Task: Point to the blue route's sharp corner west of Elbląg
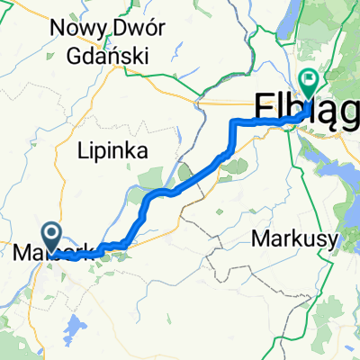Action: click(x=235, y=121)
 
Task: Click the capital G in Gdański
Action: click(x=76, y=54)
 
